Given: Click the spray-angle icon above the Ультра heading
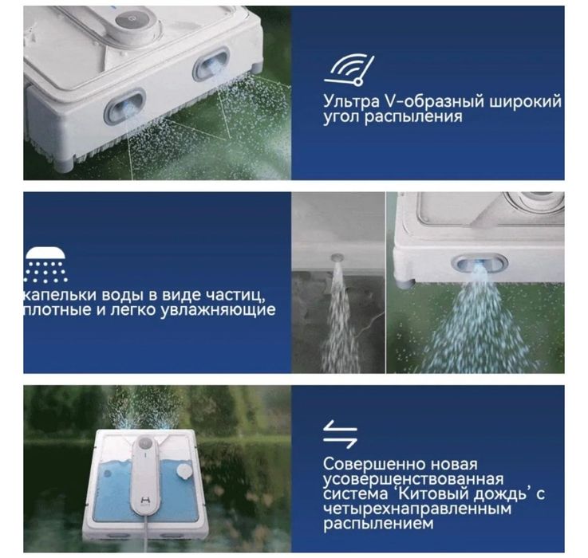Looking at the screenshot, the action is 349,70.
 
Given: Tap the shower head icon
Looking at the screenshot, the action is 45,265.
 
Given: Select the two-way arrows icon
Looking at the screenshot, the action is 340,434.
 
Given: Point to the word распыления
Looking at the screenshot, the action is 414,117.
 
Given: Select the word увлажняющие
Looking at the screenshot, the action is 219,310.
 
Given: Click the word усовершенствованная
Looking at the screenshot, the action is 413,479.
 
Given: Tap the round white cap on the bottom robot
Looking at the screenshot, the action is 184,472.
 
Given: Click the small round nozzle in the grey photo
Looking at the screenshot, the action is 337,257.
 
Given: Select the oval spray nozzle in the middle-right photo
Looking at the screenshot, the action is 479,263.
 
